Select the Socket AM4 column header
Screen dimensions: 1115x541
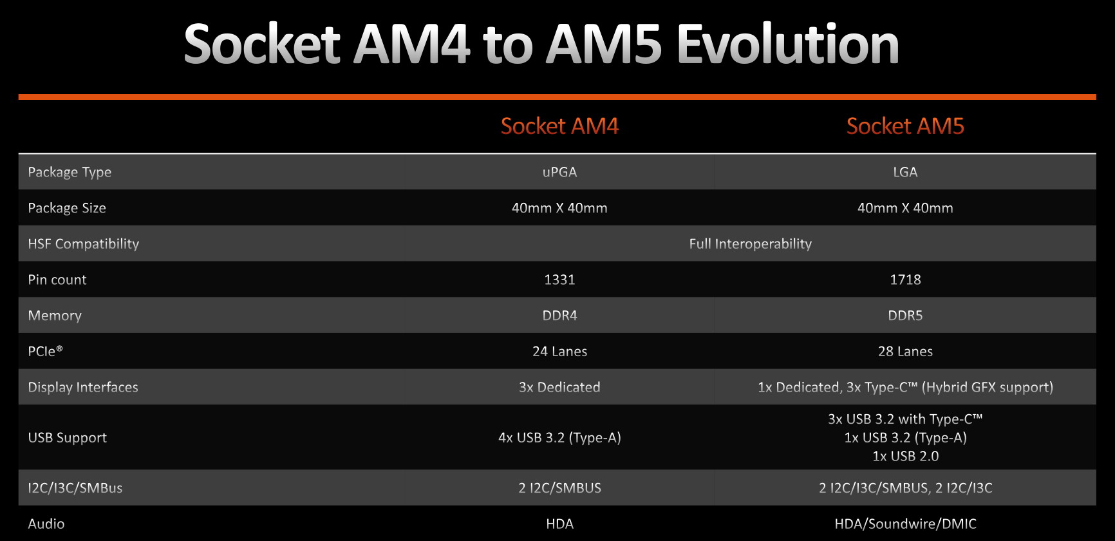(559, 126)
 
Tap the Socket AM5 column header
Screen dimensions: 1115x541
(905, 126)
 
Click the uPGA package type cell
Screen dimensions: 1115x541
(559, 172)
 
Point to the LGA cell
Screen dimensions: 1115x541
(905, 172)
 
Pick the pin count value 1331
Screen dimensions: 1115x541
(559, 280)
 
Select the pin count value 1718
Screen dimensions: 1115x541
(905, 280)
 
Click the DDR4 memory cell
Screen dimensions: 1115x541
(559, 316)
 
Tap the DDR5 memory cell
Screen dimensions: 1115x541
(905, 316)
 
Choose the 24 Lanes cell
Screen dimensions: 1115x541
(559, 352)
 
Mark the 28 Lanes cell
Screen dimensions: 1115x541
(905, 352)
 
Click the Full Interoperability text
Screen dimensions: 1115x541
(751, 244)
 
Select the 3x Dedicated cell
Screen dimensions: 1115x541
(559, 387)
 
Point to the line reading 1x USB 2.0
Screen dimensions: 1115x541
(905, 456)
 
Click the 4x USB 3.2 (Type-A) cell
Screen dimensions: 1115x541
(559, 438)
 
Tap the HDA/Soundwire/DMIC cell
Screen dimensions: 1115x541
(905, 524)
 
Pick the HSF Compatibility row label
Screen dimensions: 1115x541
(84, 244)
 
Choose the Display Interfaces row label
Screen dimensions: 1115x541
(83, 387)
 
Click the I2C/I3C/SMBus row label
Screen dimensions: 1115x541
(75, 488)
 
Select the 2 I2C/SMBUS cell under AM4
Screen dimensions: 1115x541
(559, 488)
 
